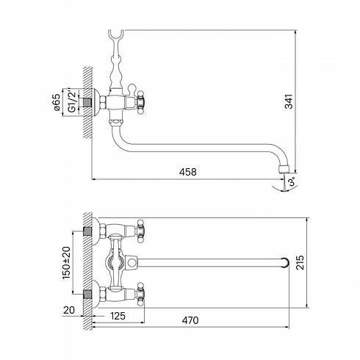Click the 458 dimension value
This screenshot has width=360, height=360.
187,172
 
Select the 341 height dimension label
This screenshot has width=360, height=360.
289,101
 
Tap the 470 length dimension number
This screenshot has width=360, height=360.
190,320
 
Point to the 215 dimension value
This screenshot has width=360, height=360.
300,262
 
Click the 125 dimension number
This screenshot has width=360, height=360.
118,316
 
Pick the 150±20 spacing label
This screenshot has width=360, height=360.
66,262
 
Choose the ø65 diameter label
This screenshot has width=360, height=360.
57,102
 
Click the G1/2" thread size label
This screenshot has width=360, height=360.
71,101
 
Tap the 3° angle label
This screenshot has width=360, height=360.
292,182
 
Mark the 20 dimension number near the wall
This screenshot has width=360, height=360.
69,310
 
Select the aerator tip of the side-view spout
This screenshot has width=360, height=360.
284,169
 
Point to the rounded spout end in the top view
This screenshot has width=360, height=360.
285,262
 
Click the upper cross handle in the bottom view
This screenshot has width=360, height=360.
140,231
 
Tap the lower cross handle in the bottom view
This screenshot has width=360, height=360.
140,294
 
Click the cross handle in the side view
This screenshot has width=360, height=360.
141,102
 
